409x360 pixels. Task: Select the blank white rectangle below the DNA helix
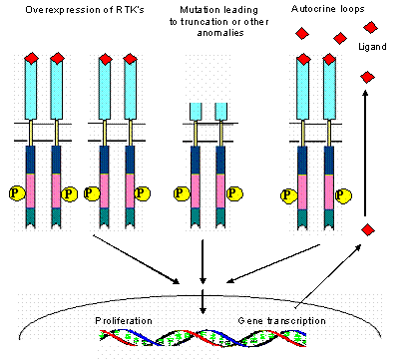pyautogui.click(x=159, y=352)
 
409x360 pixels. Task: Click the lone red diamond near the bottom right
pyautogui.click(x=368, y=230)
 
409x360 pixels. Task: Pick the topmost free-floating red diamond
pyautogui.click(x=370, y=28)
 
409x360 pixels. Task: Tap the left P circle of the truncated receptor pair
pyautogui.click(x=182, y=192)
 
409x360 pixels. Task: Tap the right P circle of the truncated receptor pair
pyautogui.click(x=237, y=192)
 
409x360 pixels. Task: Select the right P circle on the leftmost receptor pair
pyautogui.click(x=68, y=192)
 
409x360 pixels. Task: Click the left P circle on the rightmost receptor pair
pyautogui.click(x=289, y=194)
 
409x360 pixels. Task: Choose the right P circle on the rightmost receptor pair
pyautogui.click(x=344, y=194)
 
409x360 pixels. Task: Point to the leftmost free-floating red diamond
pyautogui.click(x=302, y=34)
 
